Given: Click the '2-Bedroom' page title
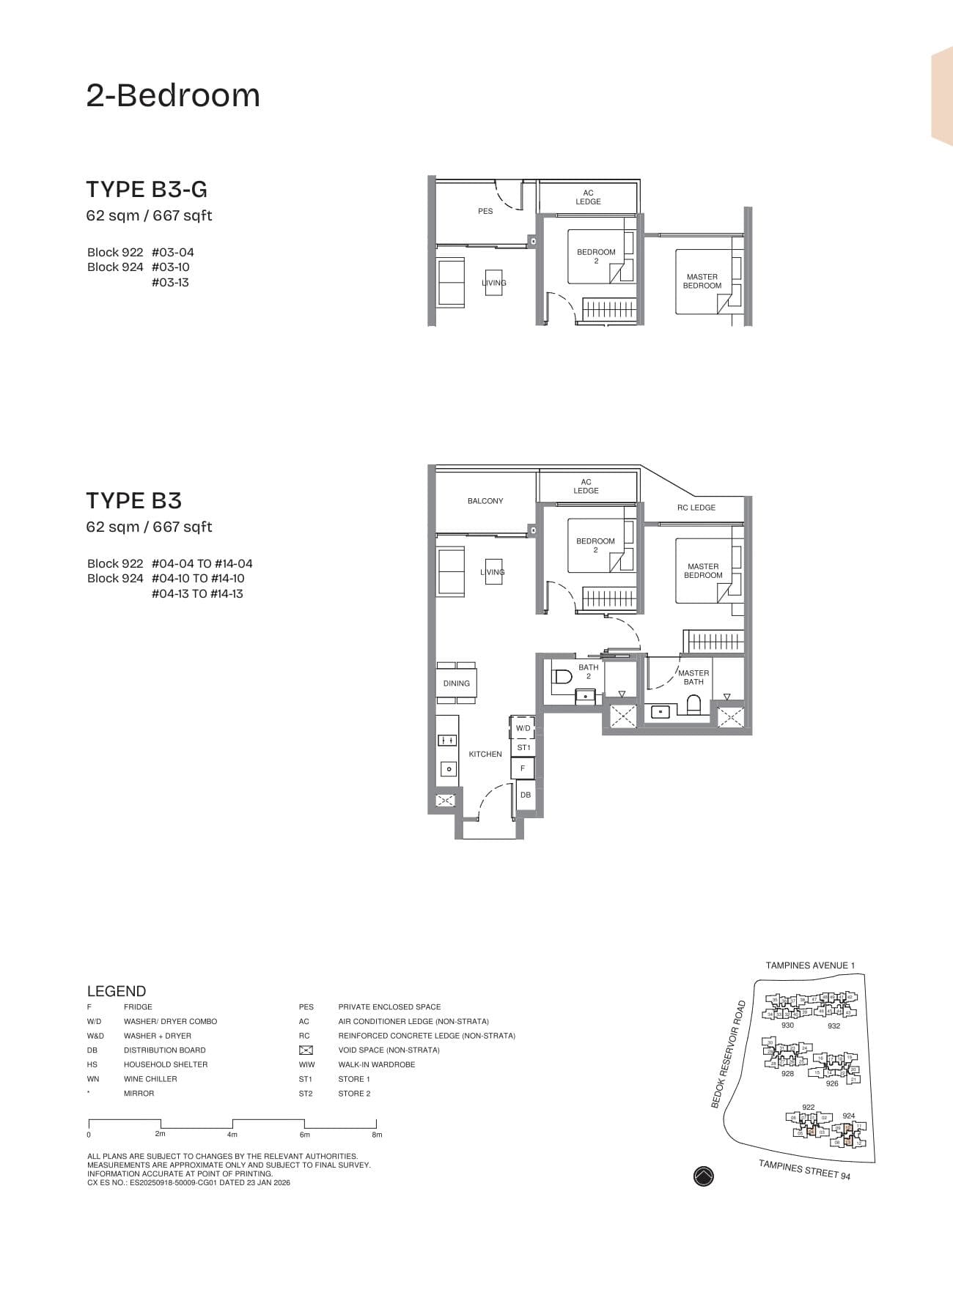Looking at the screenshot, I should (173, 96).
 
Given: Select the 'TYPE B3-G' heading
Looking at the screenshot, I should (147, 189).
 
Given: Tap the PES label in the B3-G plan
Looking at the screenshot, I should (485, 211).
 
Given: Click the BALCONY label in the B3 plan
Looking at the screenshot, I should (485, 501).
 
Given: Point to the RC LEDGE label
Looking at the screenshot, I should (696, 508).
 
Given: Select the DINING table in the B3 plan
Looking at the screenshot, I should (457, 683).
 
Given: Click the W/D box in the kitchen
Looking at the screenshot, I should (523, 728).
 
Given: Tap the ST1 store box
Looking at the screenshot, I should (523, 748).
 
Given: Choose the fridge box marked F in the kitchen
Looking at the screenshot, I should (523, 768).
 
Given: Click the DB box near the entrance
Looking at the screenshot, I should (526, 795).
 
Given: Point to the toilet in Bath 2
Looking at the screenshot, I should (562, 676).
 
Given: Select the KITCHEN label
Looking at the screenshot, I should (485, 754).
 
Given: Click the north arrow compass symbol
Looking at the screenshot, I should (703, 1176).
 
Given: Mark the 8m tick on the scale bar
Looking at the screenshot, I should (376, 1124).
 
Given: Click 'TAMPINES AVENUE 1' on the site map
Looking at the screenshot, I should (810, 965).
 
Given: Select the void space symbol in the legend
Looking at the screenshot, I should (306, 1050).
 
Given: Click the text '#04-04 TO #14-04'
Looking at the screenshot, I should (202, 563).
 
